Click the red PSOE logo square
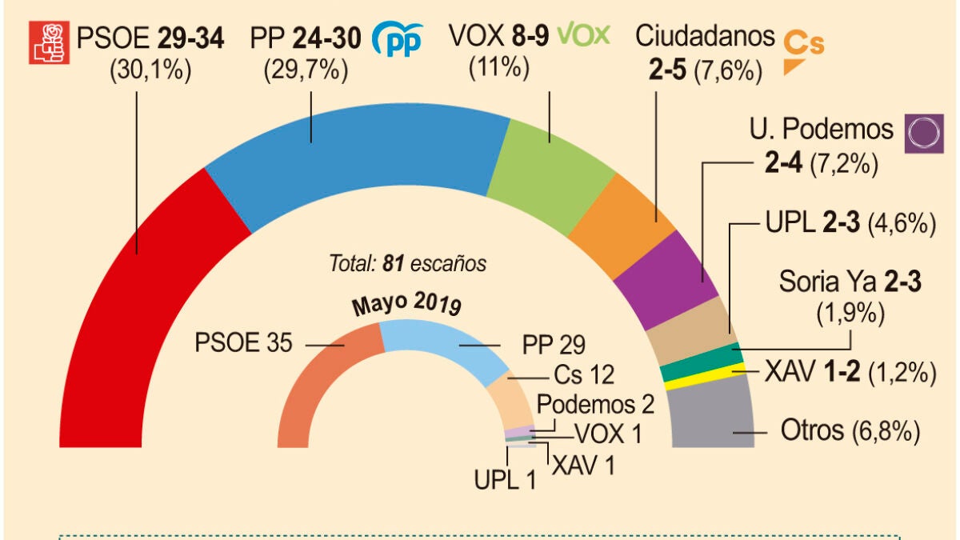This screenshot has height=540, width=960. coord(47,42)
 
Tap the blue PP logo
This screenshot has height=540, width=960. coord(397,41)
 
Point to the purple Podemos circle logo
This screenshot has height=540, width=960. coord(920,133)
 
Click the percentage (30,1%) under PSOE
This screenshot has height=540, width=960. coord(150,70)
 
